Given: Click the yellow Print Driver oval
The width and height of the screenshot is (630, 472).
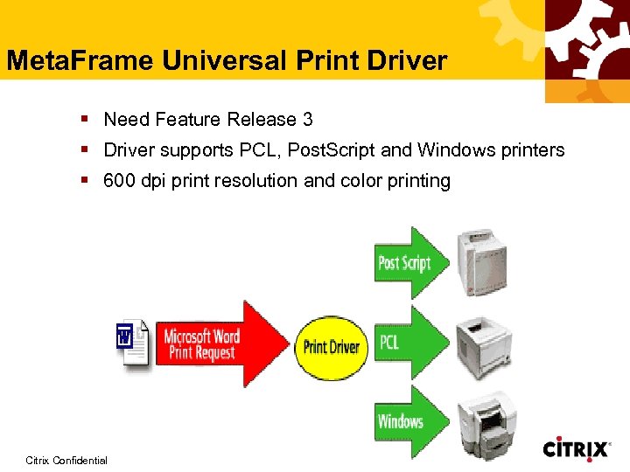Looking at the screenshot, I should (x=331, y=346).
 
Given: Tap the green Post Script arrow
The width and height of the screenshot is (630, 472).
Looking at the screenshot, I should (x=409, y=262).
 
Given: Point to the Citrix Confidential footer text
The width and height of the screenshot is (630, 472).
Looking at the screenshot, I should (x=66, y=461).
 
